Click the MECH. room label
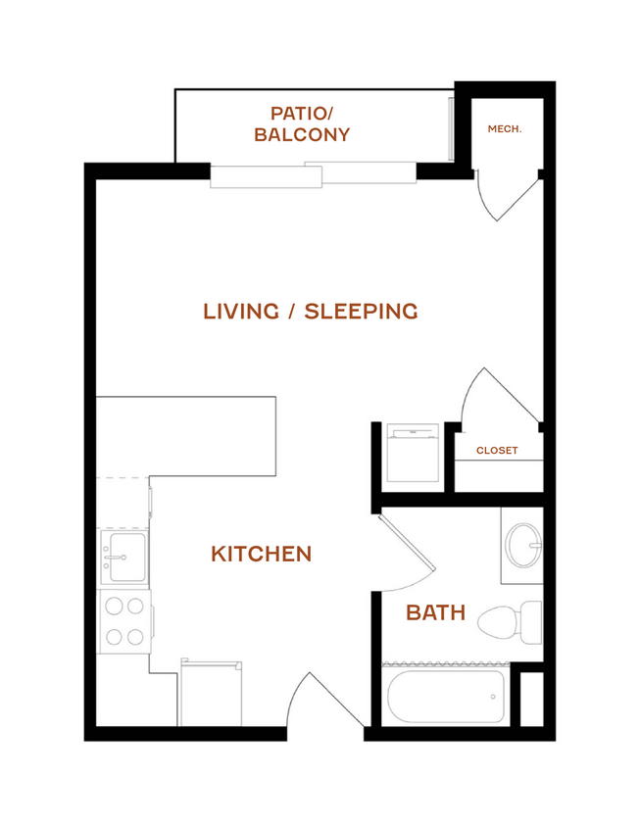[x=505, y=129]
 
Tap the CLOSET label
[x=497, y=451]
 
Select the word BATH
[x=436, y=612]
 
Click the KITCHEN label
[x=262, y=554]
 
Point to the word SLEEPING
[x=361, y=312]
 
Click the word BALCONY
[x=302, y=134]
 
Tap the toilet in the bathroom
[x=510, y=622]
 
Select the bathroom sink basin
[x=523, y=546]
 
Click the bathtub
[x=446, y=697]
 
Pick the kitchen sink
[x=124, y=557]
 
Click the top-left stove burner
[x=114, y=607]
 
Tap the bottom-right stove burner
[x=135, y=637]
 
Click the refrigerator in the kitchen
[x=211, y=693]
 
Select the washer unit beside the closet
[x=414, y=453]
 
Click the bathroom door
[x=407, y=543]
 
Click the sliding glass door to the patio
[x=314, y=174]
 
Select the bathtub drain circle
[x=493, y=697]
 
